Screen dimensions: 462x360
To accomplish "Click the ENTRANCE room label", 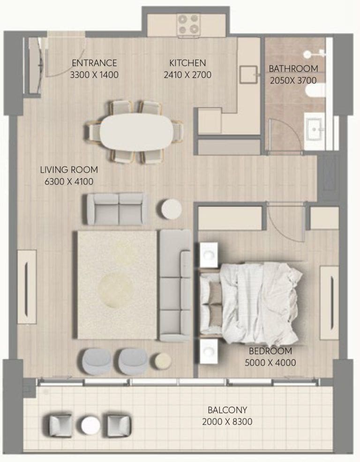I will [94, 63].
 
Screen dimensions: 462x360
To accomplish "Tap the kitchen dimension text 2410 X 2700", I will [187, 75].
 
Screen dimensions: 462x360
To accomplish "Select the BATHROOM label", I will [293, 68].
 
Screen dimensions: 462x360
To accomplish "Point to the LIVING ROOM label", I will [68, 170].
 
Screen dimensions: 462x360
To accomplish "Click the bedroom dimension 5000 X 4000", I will [270, 362].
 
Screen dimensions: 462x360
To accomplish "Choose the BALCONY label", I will [227, 410].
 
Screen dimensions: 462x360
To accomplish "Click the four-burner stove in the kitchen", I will [188, 24].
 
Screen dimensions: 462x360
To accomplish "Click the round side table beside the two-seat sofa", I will [171, 209].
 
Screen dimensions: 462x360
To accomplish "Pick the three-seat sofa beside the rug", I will [175, 285].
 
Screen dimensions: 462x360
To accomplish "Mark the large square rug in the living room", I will [117, 284].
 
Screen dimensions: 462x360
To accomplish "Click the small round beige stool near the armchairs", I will [163, 360].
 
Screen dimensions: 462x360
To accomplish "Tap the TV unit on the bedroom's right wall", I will [329, 302].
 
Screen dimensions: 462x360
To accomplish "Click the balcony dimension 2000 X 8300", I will [227, 422].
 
